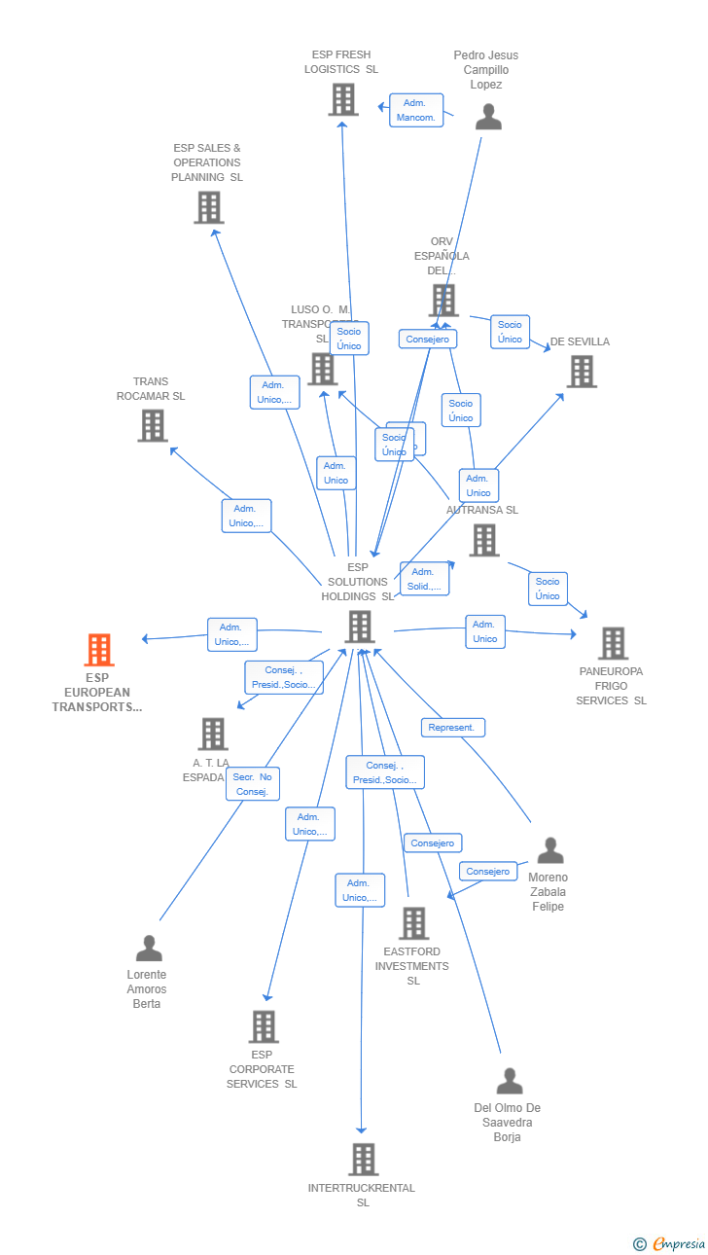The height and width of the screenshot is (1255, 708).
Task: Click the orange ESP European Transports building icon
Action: tap(99, 649)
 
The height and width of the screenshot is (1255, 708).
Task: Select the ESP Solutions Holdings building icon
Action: tap(360, 627)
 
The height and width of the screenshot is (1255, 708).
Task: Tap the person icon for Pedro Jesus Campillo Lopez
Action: tap(488, 117)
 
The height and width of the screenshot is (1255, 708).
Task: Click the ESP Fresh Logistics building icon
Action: tap(342, 99)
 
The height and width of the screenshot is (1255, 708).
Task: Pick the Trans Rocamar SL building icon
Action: tap(153, 425)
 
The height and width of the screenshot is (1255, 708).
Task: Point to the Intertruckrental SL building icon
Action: tap(363, 1159)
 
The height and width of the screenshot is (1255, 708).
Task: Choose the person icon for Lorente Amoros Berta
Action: tap(149, 948)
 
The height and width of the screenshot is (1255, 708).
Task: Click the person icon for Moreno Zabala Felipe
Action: tap(550, 850)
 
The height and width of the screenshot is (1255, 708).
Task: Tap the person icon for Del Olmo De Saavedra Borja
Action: tap(509, 1081)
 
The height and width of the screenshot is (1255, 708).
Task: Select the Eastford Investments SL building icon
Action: tap(413, 923)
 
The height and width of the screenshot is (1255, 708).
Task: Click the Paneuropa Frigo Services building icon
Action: tap(613, 643)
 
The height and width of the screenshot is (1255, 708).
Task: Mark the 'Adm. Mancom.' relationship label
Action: tap(416, 110)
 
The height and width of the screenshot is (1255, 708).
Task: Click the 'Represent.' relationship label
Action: tap(452, 728)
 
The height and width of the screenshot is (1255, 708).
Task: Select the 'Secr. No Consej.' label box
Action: tap(253, 784)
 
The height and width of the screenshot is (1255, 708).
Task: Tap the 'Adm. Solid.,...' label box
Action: tap(424, 579)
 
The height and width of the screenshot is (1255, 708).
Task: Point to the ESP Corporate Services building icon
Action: tap(264, 1026)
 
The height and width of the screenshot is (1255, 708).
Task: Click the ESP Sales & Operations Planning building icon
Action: tap(209, 207)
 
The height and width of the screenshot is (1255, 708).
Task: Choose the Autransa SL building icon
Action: tap(484, 540)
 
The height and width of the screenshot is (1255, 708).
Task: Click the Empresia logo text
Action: tap(679, 1243)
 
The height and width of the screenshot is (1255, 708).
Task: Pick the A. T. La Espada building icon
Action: tap(213, 734)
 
